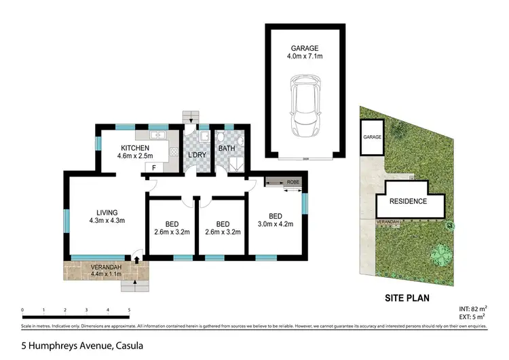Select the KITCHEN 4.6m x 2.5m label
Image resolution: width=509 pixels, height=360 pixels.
coord(135,153)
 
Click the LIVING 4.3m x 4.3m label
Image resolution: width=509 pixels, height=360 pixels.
coord(106,216)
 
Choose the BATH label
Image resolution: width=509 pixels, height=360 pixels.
coord(226,148)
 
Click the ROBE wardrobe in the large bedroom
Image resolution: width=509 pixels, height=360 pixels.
coord(284,182)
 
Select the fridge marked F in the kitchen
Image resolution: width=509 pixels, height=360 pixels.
coord(155,167)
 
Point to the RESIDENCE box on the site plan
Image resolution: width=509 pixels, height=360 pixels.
coord(408,201)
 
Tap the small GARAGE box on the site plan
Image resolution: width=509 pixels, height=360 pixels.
coord(372,137)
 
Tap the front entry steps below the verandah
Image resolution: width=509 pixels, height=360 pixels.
coord(134,287)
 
